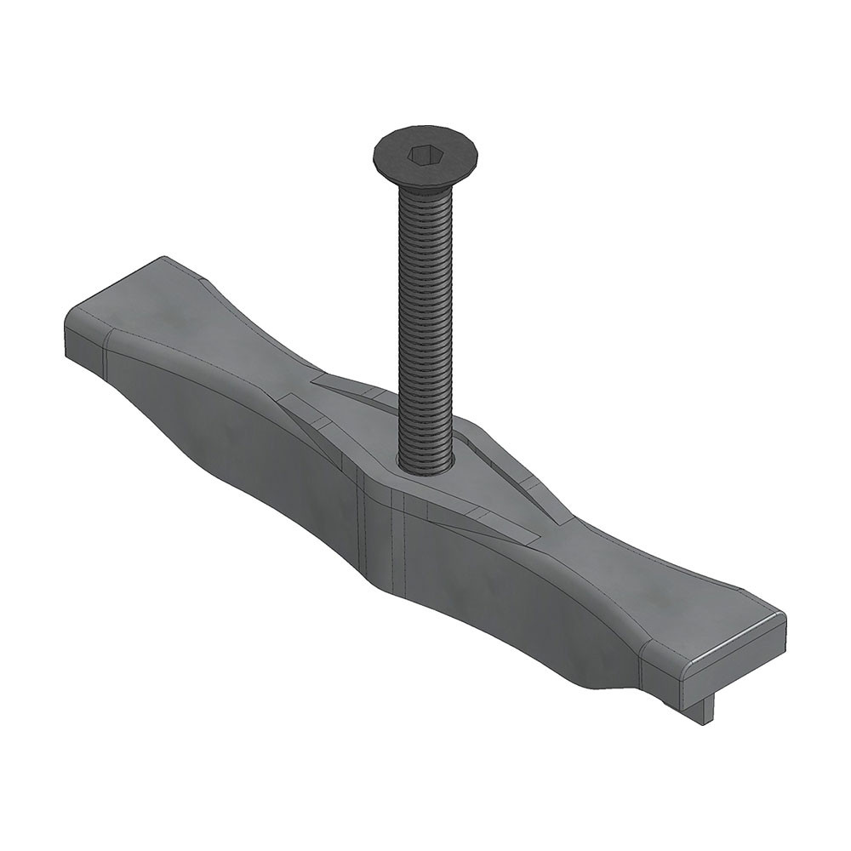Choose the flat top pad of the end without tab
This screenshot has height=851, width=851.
click(136, 298)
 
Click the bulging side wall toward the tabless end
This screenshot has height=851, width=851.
click(230, 434)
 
